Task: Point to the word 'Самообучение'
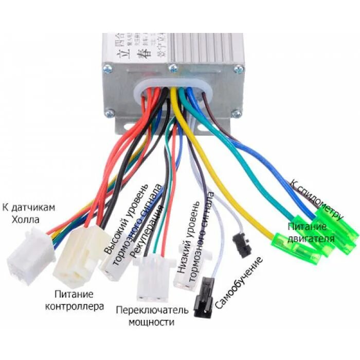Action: (x=238, y=283)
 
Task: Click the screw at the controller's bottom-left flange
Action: (x=109, y=113)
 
